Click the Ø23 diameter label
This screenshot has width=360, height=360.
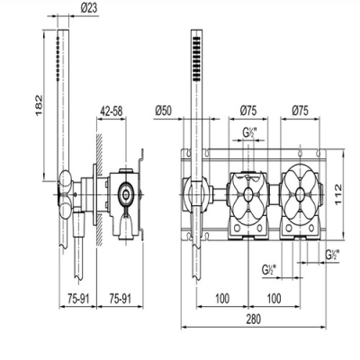[89, 8]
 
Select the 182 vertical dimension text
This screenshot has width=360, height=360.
[40, 105]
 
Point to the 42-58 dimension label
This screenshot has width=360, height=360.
[112, 112]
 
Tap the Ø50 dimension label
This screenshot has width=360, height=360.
[164, 111]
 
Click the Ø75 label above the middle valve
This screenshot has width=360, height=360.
[248, 111]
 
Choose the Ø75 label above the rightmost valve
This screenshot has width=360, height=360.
[300, 111]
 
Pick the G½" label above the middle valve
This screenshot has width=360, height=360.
[249, 132]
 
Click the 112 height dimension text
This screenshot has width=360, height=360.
[338, 194]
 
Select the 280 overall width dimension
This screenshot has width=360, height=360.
[254, 319]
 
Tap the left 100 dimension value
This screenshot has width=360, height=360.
[222, 299]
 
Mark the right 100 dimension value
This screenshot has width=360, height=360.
[274, 299]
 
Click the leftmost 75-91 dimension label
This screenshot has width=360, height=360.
[78, 299]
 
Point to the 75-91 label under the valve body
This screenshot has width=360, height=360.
[120, 299]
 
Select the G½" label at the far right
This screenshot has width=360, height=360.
[332, 255]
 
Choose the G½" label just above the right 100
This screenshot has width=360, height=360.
[269, 270]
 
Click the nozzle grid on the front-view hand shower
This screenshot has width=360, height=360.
[196, 58]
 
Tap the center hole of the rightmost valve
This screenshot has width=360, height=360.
[300, 194]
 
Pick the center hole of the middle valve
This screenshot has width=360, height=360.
[248, 194]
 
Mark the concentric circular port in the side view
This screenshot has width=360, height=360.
[125, 195]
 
